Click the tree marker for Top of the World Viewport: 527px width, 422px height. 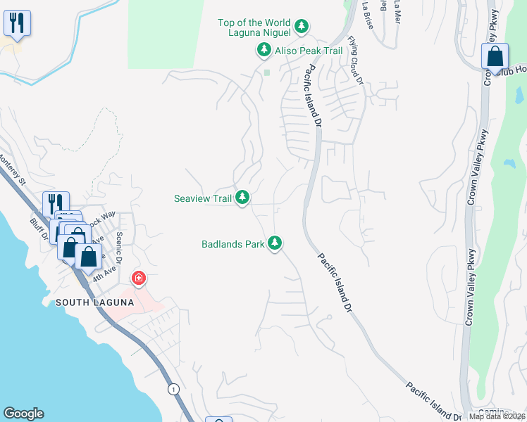point(302,27)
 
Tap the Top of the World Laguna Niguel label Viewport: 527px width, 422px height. point(254,27)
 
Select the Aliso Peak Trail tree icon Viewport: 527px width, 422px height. point(263,50)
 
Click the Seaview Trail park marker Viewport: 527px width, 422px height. point(242,198)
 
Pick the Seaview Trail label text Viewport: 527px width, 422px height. point(203,198)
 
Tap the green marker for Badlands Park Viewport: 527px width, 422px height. point(275,244)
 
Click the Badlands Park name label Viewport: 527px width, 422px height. point(232,244)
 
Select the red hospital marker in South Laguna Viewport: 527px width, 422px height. point(139,278)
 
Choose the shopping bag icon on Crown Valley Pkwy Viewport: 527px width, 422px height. point(495,56)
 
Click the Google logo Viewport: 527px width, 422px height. point(23,414)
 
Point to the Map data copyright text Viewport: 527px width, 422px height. point(497,416)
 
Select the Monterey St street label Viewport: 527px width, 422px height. point(12,169)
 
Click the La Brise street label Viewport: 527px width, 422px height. point(367,10)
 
